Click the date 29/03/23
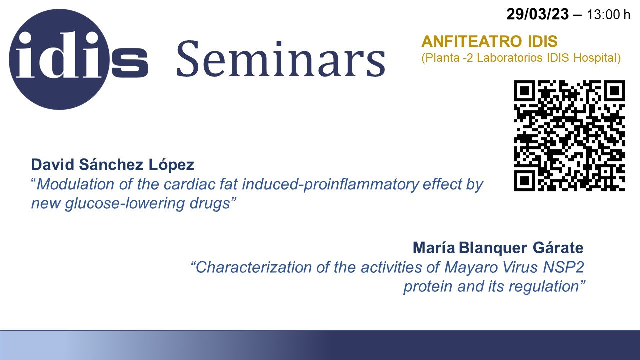tap(537, 14)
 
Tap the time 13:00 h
tap(608, 15)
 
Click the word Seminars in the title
tap(281, 59)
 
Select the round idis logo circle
tap(59, 59)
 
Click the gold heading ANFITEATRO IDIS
tap(489, 41)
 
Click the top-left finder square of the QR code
tap(524, 91)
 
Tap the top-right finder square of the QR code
tap(615, 91)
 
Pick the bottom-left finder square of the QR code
tap(524, 181)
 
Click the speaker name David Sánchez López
tap(113, 165)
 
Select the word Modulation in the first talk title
tap(75, 184)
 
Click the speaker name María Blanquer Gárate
tap(498, 248)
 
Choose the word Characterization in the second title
tap(254, 267)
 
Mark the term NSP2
tap(563, 267)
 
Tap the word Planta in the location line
tap(443, 58)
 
